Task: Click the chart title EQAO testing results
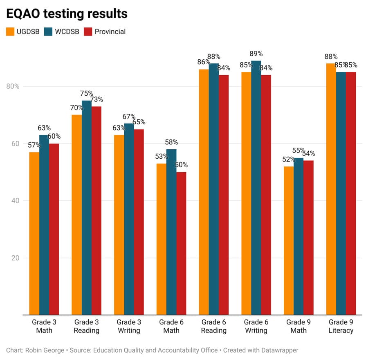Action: pyautogui.click(x=67, y=13)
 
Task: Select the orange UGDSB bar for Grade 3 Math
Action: pyautogui.click(x=34, y=233)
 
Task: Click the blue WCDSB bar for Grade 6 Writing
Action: pyautogui.click(x=256, y=188)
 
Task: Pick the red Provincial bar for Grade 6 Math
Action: pyautogui.click(x=181, y=243)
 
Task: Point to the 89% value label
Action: pyautogui.click(x=256, y=54)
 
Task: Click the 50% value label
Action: pyautogui.click(x=181, y=165)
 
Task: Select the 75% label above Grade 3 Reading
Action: pyautogui.click(x=86, y=93)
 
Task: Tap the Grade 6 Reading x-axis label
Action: pyautogui.click(x=213, y=326)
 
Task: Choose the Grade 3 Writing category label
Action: pyautogui.click(x=129, y=326)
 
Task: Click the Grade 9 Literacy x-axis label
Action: pyautogui.click(x=341, y=326)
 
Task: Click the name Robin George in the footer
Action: pyautogui.click(x=45, y=350)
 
